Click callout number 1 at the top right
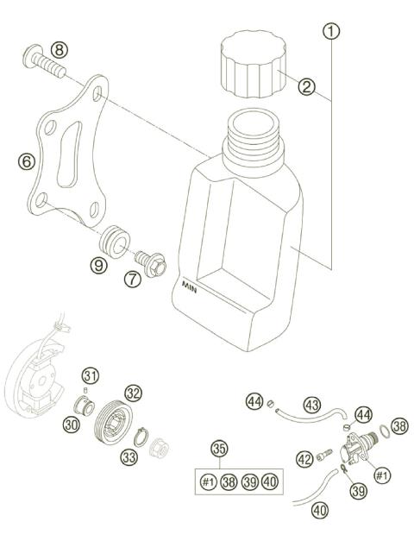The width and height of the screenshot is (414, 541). [332, 32]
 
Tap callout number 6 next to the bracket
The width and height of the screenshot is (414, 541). [27, 160]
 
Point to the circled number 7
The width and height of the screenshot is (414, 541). [132, 279]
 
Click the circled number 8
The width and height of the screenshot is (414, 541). [58, 48]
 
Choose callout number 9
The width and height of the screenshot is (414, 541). [100, 265]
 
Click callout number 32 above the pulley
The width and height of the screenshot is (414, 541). [133, 393]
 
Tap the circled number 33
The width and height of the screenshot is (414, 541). [129, 456]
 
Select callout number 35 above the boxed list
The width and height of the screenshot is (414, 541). [221, 449]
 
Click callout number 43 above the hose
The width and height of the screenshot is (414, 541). [310, 403]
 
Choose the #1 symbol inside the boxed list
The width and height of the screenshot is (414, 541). [208, 482]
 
